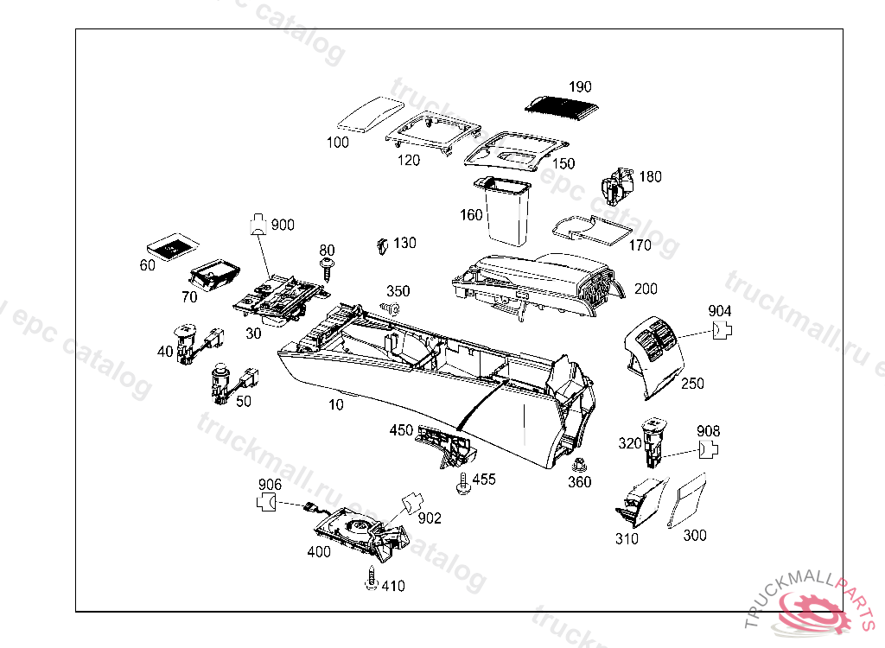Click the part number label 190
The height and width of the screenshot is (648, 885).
pyautogui.click(x=580, y=87)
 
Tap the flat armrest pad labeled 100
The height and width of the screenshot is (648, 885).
pyautogui.click(x=368, y=115)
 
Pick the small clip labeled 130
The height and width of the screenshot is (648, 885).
pyautogui.click(x=380, y=246)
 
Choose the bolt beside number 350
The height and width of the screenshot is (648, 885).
pyautogui.click(x=391, y=308)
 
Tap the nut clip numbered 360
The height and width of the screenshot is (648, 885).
pyautogui.click(x=579, y=463)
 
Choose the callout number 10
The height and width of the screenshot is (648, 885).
pyautogui.click(x=336, y=404)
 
